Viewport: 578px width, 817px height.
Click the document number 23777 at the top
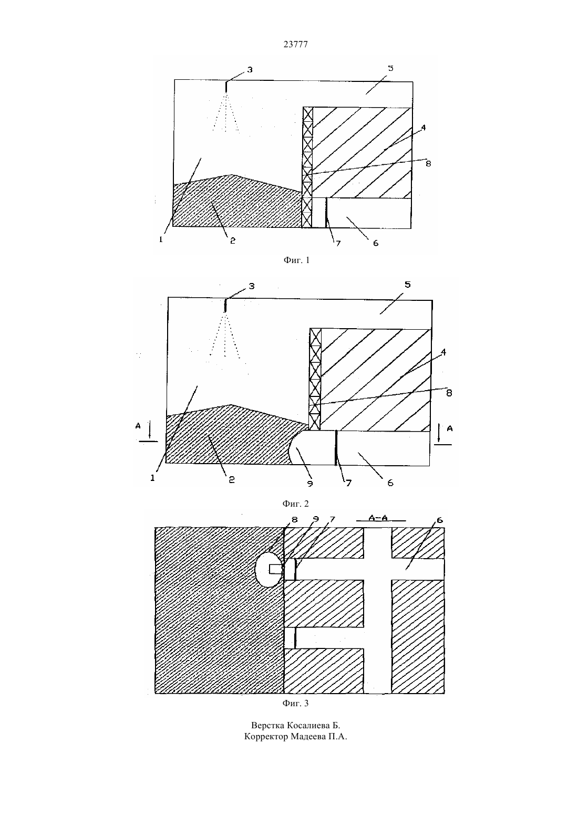point(295,44)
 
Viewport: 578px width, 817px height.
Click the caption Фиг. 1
point(296,260)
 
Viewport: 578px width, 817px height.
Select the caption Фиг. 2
point(295,504)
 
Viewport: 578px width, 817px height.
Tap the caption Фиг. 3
point(295,703)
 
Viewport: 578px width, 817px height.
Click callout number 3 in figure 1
point(250,70)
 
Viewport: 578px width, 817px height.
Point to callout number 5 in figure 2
point(408,285)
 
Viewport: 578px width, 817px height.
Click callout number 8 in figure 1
point(428,163)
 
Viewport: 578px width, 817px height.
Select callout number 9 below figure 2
point(310,484)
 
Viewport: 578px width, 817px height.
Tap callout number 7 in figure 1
point(338,243)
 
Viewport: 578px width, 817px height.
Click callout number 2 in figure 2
point(232,479)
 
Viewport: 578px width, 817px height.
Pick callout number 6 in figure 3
point(440,520)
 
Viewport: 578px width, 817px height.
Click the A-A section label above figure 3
point(378,518)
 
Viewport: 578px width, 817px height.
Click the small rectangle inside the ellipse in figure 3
point(276,569)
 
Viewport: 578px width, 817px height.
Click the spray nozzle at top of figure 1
point(226,87)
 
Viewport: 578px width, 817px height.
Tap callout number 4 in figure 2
point(443,352)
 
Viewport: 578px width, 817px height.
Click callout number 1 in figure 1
point(161,239)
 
